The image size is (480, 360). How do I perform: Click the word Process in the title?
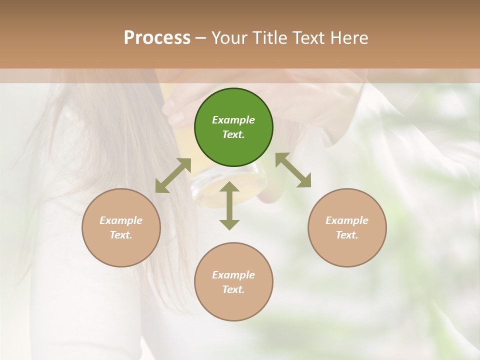[157, 38]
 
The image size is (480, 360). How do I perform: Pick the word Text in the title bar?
[308, 38]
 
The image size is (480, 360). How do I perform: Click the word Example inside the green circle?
[233, 120]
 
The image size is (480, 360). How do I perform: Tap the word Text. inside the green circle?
[233, 134]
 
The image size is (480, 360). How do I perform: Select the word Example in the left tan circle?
[121, 220]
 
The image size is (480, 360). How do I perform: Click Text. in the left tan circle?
[121, 235]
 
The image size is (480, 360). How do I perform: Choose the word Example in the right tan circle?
[347, 220]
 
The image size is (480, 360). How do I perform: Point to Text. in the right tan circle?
[347, 235]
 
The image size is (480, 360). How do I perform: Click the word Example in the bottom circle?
[233, 275]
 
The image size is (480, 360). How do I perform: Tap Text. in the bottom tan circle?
[233, 289]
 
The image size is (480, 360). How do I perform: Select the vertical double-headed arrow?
[229, 205]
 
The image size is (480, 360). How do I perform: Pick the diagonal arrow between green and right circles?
[293, 170]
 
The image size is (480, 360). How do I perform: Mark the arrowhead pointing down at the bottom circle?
[229, 224]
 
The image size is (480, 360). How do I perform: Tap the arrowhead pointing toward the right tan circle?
[304, 181]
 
